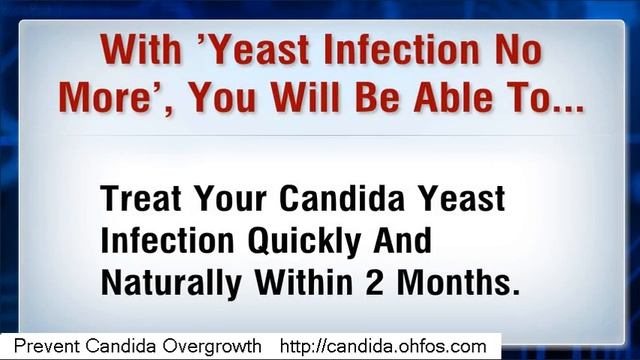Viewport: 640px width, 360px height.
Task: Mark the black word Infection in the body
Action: [159, 242]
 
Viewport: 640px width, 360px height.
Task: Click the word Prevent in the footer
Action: [47, 346]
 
